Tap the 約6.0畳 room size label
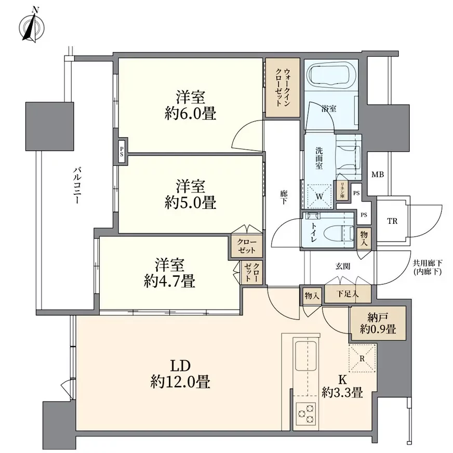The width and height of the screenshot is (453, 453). [x=190, y=113]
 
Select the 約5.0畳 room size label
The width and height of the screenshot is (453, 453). [x=190, y=202]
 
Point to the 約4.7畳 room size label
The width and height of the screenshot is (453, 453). [x=170, y=281]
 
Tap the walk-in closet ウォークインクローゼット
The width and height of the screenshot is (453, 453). [x=282, y=88]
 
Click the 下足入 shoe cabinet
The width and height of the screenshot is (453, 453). [x=349, y=294]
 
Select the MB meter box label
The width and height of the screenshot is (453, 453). [x=377, y=175]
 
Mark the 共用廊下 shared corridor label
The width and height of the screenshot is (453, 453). [x=427, y=268]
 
